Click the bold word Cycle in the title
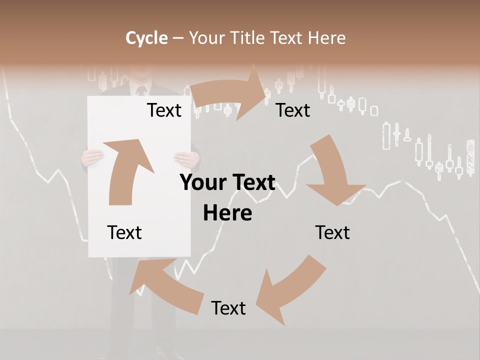click(x=146, y=38)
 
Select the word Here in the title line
click(x=326, y=38)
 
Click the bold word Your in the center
click(x=200, y=183)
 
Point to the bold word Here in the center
click(x=227, y=213)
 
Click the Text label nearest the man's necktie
click(x=164, y=110)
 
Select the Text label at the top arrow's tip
click(x=293, y=110)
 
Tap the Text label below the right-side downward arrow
click(x=332, y=232)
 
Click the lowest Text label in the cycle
click(x=228, y=308)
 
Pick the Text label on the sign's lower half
click(x=124, y=232)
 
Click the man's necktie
click(x=141, y=91)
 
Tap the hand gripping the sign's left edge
click(x=92, y=158)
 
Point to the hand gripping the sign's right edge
click(x=186, y=159)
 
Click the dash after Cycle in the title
click(x=178, y=38)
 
